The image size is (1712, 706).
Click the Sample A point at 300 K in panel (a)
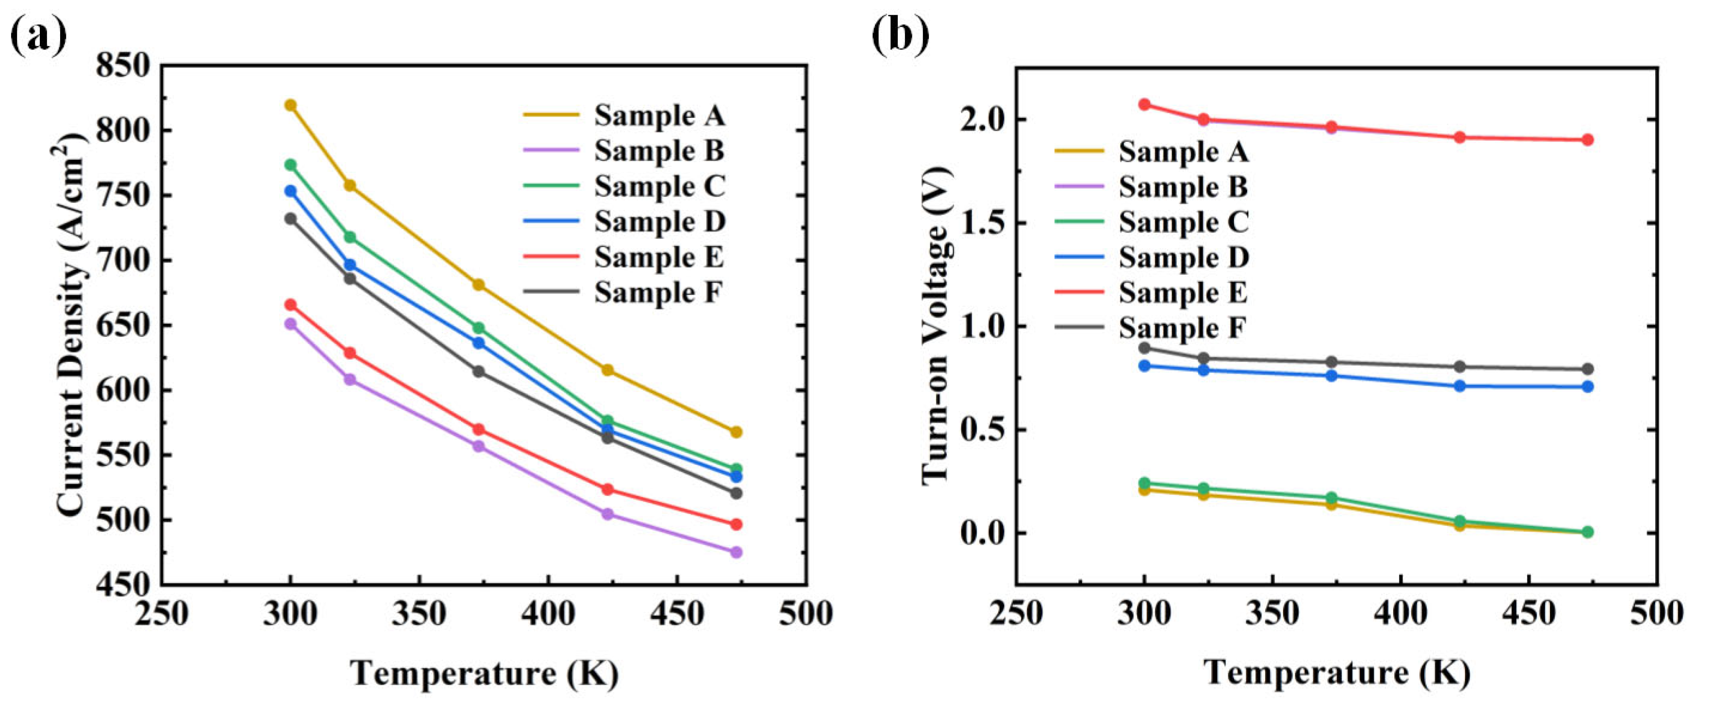pos(290,105)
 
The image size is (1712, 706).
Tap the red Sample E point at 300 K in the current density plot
pos(290,304)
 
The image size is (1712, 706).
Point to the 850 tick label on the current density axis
pos(124,66)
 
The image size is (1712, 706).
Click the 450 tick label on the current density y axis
pos(124,585)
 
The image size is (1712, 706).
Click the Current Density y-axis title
pos(72,326)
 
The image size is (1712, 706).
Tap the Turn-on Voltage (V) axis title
pos(937,326)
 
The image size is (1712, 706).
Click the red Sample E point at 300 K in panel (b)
pos(1144,104)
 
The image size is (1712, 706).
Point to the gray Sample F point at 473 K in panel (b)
pos(1588,369)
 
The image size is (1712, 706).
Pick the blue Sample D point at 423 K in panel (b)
pos(1460,386)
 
